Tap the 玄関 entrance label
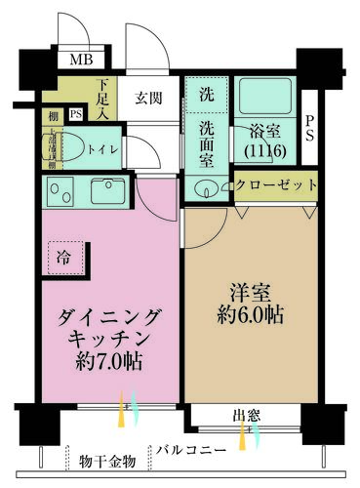(x=149, y=98)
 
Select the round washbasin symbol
(x=205, y=188)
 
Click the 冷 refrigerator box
(x=63, y=260)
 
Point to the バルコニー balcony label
(x=191, y=450)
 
